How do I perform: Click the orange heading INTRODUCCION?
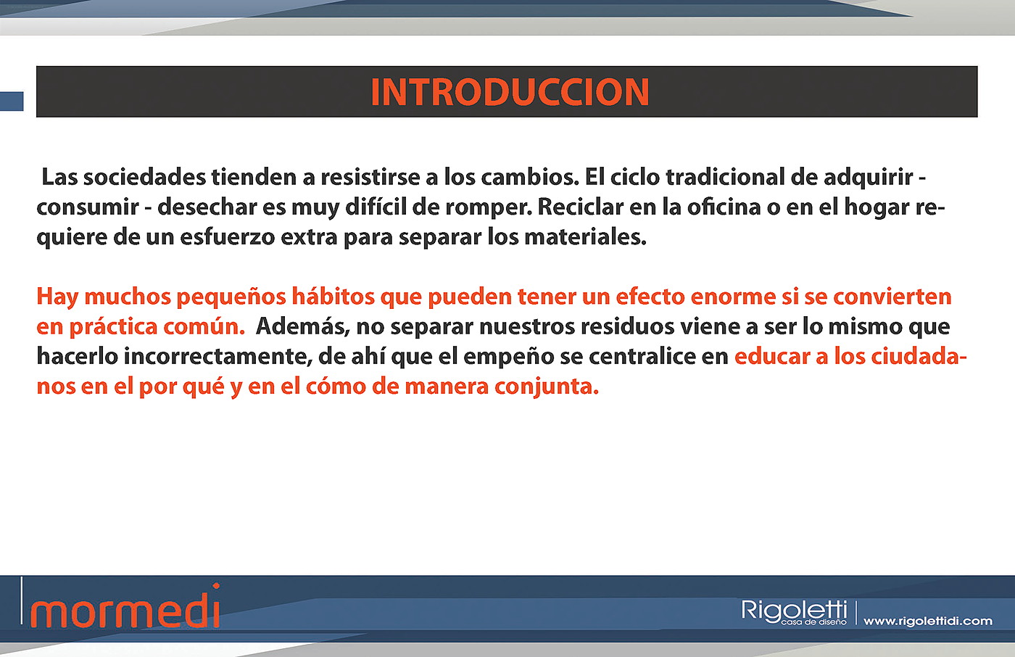[x=510, y=92]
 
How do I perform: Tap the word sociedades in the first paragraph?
[x=144, y=177]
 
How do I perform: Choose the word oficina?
[x=724, y=207]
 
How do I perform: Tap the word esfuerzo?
[x=228, y=237]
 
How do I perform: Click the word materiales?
[x=585, y=237]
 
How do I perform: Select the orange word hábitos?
[x=333, y=297]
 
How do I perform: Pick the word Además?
[x=303, y=327]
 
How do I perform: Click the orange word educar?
[x=772, y=356]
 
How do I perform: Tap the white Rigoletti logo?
[x=794, y=612]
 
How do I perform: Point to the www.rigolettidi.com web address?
[x=928, y=620]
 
